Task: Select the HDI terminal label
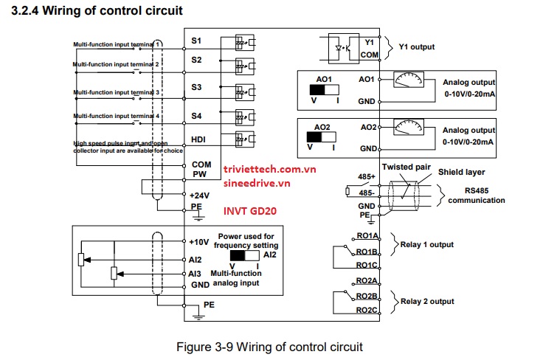click(198, 137)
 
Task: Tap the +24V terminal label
click(199, 195)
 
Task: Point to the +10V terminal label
click(199, 242)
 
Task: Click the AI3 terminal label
click(196, 273)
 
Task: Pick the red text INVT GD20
click(250, 210)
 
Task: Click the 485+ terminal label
click(367, 177)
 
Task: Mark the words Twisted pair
click(406, 167)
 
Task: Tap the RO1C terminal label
click(367, 265)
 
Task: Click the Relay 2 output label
click(426, 301)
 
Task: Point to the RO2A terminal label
click(367, 281)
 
